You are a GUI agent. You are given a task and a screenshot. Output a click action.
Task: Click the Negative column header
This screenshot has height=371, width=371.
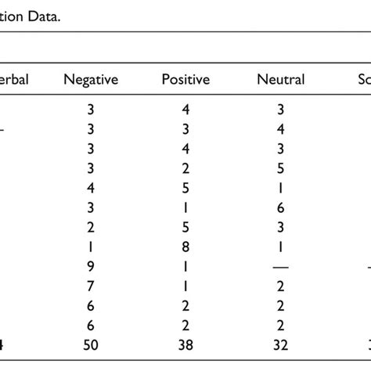(91, 79)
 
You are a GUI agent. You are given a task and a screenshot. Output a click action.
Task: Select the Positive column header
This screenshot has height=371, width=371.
(185, 79)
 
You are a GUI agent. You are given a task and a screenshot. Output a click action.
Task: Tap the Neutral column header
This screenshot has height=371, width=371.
(281, 79)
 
